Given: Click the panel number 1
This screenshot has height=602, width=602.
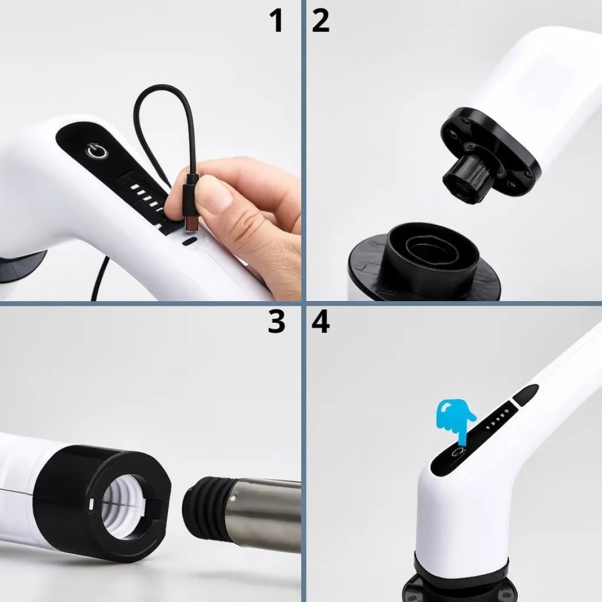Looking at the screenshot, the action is coord(277,21).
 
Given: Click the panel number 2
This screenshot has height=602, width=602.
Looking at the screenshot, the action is coord(321,21).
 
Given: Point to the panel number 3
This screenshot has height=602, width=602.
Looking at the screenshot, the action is coord(277,322).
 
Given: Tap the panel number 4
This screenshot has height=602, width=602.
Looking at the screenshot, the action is coord(321,322).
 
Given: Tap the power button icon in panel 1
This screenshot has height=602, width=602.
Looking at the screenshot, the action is coord(98,151).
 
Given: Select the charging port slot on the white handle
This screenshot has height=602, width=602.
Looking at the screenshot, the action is coord(189,242).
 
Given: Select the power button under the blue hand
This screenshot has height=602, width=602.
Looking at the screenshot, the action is coord(457,453).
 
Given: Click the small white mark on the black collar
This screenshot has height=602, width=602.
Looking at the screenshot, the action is coord(91,504).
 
